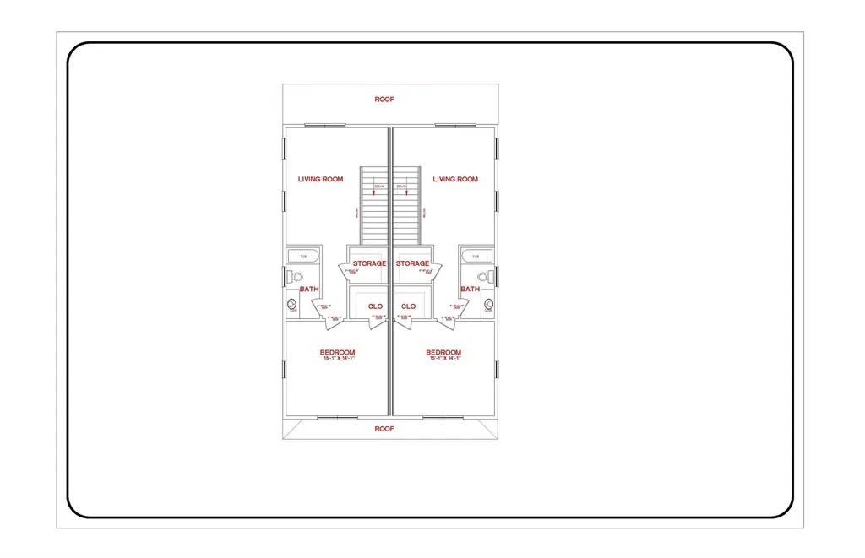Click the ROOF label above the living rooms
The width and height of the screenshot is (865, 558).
pyautogui.click(x=384, y=100)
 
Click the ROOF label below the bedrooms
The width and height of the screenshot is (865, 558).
pyautogui.click(x=384, y=429)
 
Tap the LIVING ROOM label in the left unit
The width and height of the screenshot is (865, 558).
pyautogui.click(x=321, y=179)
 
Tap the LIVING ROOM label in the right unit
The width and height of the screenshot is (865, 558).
pyautogui.click(x=455, y=179)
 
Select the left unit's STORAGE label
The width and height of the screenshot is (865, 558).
pyautogui.click(x=369, y=263)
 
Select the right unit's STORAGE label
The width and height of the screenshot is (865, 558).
pyautogui.click(x=412, y=263)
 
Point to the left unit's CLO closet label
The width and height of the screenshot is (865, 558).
pyautogui.click(x=375, y=306)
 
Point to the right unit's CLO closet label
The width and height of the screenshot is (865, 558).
pyautogui.click(x=409, y=306)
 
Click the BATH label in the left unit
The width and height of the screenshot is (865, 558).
pyautogui.click(x=310, y=289)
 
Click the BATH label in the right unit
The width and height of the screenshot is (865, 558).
pyautogui.click(x=470, y=289)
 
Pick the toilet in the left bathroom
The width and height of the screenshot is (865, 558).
pyautogui.click(x=296, y=276)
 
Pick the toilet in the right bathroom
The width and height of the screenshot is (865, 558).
pyautogui.click(x=484, y=276)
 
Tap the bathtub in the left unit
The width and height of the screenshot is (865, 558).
pyautogui.click(x=303, y=256)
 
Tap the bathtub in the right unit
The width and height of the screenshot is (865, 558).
pyautogui.click(x=476, y=256)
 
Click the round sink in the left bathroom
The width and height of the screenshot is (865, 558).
pyautogui.click(x=293, y=305)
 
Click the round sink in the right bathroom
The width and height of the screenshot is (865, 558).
pyautogui.click(x=487, y=305)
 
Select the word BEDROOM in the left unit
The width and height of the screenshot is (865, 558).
pyautogui.click(x=337, y=352)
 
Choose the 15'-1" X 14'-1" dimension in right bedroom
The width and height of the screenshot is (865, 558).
pyautogui.click(x=443, y=359)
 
